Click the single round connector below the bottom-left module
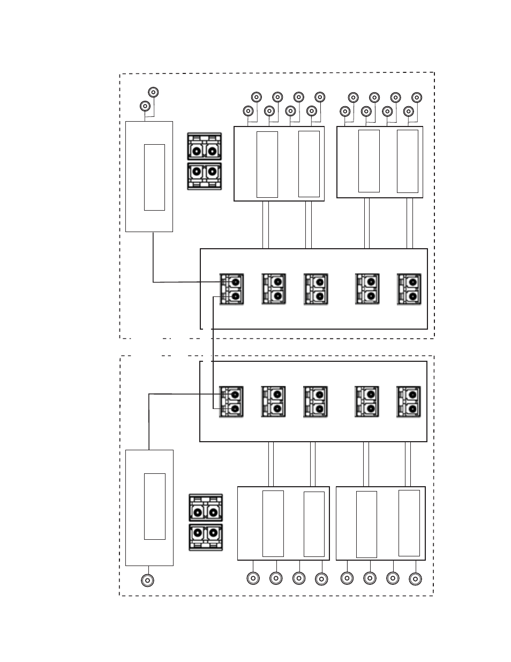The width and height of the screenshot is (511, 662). point(147,580)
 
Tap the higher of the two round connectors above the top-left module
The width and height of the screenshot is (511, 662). point(153,92)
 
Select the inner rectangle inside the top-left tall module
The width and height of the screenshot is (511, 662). point(154,177)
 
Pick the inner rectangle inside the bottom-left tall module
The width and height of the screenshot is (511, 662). point(154,506)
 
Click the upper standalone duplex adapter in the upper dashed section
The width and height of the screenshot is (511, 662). point(205,147)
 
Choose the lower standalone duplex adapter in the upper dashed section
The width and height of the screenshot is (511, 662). point(205,176)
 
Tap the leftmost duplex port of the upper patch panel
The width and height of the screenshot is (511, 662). point(231,289)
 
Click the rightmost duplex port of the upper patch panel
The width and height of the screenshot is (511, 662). point(409,289)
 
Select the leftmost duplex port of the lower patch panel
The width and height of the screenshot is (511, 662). point(231,402)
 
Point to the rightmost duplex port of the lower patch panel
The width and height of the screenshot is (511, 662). point(409,402)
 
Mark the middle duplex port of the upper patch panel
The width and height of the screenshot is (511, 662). point(315,289)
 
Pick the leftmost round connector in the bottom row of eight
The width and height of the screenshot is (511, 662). point(253,578)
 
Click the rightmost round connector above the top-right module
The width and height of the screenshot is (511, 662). point(417,97)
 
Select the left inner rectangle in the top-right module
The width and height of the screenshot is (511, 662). point(369,161)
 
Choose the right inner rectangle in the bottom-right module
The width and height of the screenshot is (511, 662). point(409,523)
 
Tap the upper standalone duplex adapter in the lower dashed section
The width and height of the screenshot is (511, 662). point(206,508)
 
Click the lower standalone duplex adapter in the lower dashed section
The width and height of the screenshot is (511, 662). point(206,537)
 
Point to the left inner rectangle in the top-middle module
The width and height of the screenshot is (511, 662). point(267,164)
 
